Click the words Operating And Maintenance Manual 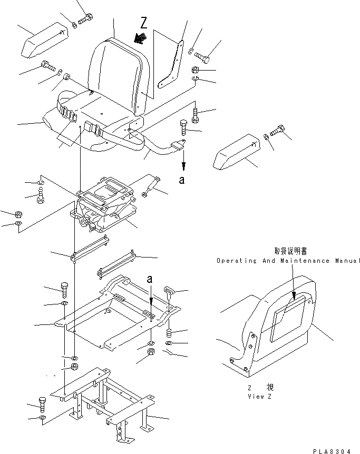click(x=288, y=261)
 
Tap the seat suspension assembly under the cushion click(x=105, y=208)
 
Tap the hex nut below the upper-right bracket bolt click(x=194, y=70)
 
